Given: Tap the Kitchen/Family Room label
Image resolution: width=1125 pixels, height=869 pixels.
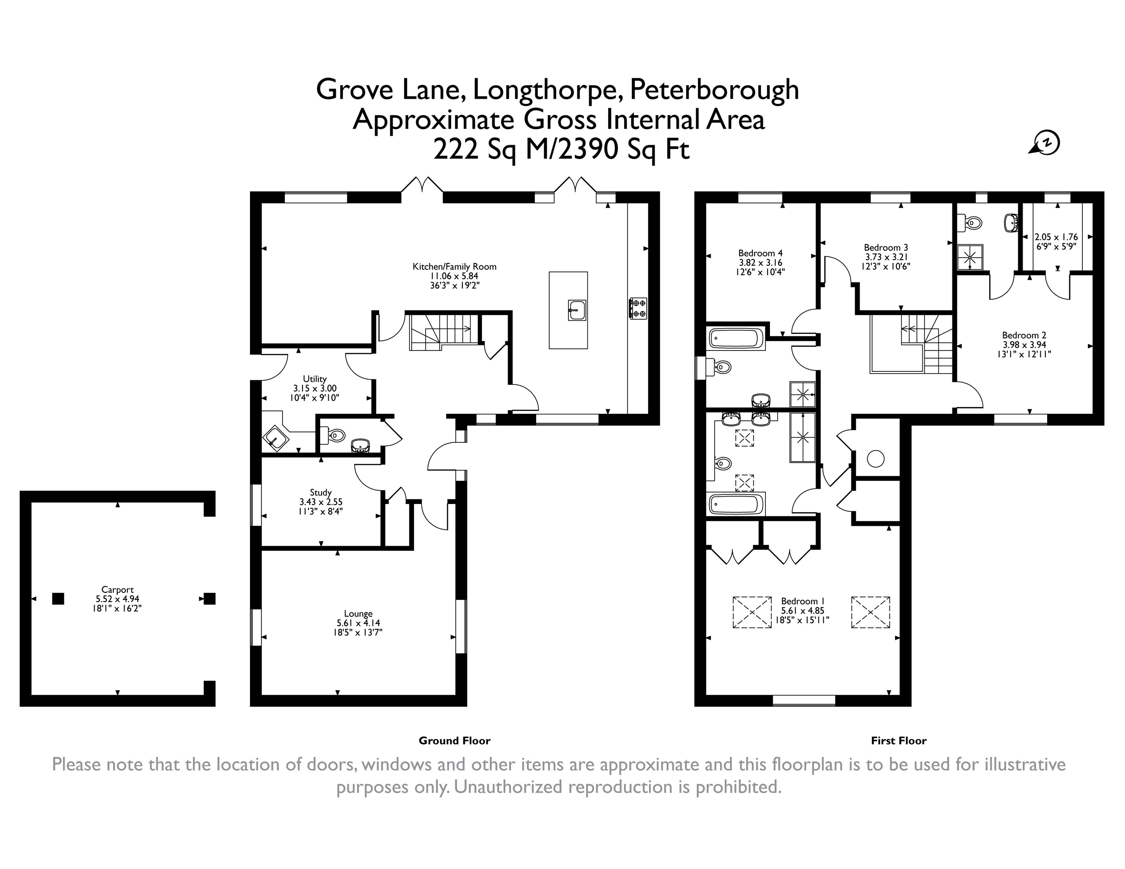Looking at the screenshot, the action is click(454, 266).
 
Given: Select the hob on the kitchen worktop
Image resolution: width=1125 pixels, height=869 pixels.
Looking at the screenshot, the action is click(638, 308).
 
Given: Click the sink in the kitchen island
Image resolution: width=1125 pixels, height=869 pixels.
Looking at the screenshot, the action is click(577, 310).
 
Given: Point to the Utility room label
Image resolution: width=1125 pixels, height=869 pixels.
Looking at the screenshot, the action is click(314, 379).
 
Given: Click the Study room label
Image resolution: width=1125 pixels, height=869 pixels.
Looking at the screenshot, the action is click(320, 492).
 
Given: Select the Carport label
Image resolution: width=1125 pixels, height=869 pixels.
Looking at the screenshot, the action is click(117, 590).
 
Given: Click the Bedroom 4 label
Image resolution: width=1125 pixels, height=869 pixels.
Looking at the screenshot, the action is click(760, 253).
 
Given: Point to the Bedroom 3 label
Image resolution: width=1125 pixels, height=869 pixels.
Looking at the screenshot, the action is click(886, 247).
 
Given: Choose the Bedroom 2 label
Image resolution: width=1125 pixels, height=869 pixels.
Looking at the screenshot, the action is click(1024, 336).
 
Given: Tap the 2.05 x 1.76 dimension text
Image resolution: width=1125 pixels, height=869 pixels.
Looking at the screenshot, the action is click(1057, 237).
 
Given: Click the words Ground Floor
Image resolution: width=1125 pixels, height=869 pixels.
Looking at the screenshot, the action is click(454, 741).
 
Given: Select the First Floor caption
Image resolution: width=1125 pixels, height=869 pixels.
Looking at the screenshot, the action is click(899, 741).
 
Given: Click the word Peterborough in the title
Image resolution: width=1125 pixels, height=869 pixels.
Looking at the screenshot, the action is click(715, 91).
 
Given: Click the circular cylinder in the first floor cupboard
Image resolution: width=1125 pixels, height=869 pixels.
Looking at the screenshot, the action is click(876, 458).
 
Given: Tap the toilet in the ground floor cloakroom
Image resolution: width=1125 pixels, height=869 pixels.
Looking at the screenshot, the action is click(333, 436).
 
